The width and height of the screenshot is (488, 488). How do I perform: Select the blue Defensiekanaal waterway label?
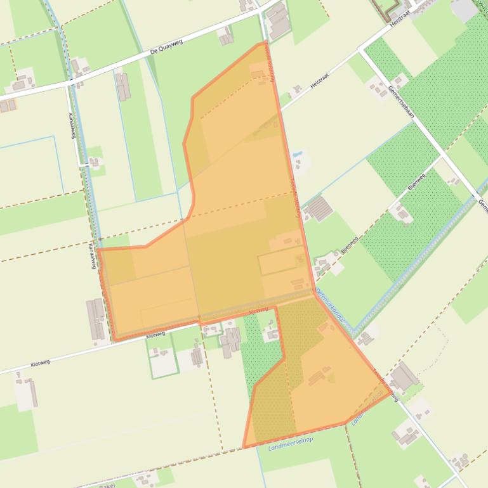coord(331,309)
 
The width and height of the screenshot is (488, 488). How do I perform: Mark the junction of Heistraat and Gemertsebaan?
coord(360,50)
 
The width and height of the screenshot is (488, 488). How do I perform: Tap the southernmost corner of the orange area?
coord(244,447)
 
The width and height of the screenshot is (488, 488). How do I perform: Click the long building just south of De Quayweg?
coord(122,86)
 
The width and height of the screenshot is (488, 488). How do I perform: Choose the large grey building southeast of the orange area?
coord(404,378)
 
